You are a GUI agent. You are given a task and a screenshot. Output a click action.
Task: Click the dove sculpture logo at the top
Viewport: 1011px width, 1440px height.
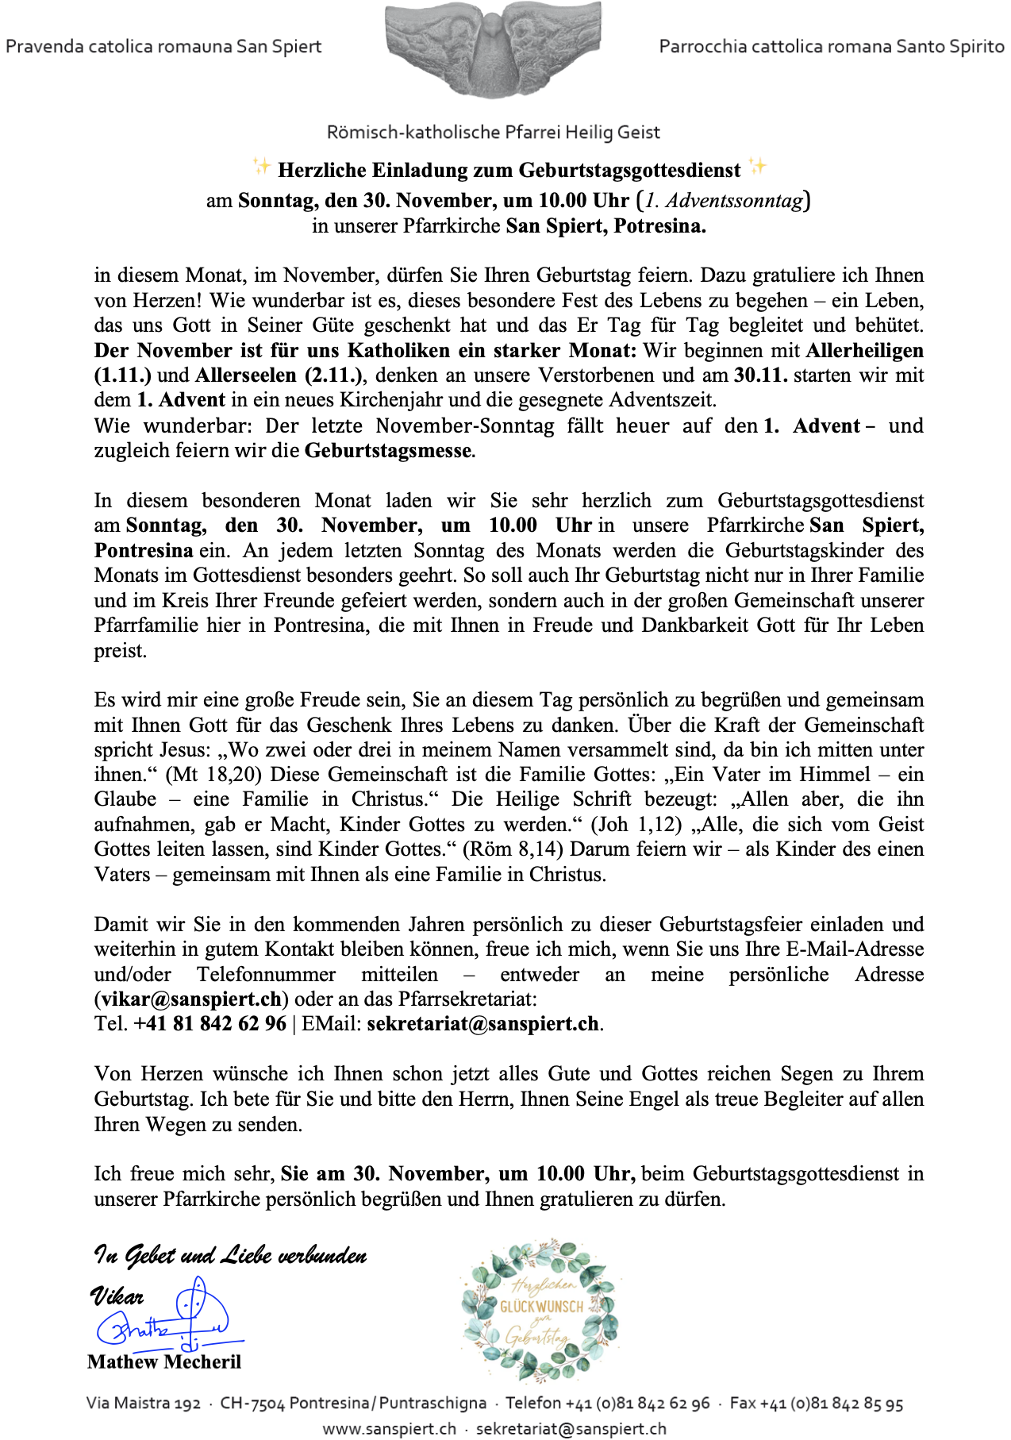click(x=492, y=49)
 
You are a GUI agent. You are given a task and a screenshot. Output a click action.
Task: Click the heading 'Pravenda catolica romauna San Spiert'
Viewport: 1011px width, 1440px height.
click(x=163, y=46)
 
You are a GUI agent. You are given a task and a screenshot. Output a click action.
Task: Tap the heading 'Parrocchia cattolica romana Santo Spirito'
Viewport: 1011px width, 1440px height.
click(x=831, y=46)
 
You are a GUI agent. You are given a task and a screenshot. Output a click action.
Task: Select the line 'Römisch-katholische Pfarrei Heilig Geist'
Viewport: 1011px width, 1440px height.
click(x=493, y=133)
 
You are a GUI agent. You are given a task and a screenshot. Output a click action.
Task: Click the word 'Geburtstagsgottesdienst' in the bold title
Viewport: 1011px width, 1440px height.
click(x=629, y=170)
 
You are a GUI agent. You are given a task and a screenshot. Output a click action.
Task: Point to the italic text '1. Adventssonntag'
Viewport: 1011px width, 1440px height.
click(x=724, y=200)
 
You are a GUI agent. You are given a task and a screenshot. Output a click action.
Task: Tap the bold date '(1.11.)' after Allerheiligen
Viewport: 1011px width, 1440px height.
click(x=123, y=375)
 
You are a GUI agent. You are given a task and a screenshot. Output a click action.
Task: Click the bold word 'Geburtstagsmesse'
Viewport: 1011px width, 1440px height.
click(x=388, y=451)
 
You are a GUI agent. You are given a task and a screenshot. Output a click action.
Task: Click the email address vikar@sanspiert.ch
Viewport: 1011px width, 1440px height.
click(x=191, y=999)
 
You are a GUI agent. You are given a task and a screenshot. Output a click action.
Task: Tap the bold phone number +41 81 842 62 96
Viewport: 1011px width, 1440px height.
click(x=210, y=1024)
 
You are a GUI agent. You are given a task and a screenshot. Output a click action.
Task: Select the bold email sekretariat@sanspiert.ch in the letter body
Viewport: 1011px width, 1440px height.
click(x=482, y=1024)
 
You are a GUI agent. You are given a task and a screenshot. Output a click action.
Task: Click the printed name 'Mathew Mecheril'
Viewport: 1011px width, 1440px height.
click(x=164, y=1362)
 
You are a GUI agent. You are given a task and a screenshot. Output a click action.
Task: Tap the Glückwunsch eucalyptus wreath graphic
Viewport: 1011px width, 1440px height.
click(x=540, y=1311)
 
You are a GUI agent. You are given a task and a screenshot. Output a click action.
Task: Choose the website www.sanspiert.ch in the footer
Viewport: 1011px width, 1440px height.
click(x=390, y=1429)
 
